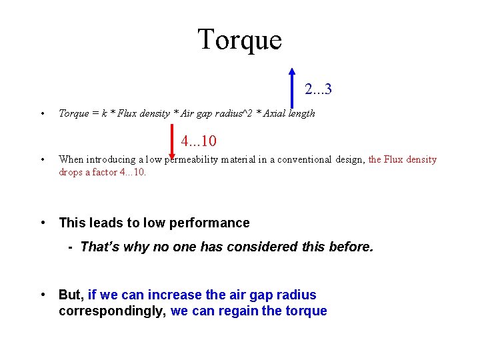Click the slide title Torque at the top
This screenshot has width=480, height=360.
coord(239,39)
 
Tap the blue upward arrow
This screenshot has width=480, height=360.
coord(292,87)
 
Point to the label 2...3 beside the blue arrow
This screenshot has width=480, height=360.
coord(319,89)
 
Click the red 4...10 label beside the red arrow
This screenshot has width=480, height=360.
coord(199,141)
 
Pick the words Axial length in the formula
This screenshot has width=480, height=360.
coord(289,113)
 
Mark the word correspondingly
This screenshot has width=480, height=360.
coord(110,311)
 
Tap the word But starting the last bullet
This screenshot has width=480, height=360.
coord(70,295)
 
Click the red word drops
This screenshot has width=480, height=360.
coord(71,172)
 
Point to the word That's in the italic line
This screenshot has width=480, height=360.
coord(98,247)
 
